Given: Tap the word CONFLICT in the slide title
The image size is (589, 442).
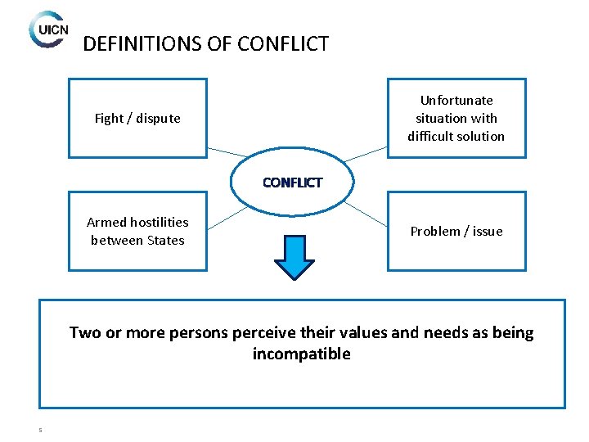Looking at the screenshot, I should click(283, 43).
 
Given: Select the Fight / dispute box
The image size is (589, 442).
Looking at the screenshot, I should click(137, 118).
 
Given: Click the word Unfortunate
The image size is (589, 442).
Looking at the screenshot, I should click(456, 101).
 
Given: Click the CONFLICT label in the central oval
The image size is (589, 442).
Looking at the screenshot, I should click(293, 183).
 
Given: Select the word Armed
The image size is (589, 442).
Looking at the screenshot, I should click(106, 223).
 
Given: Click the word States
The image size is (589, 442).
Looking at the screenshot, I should click(165, 241).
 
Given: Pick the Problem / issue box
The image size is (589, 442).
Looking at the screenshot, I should click(456, 231).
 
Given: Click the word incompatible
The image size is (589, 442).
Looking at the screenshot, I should click(301, 354).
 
